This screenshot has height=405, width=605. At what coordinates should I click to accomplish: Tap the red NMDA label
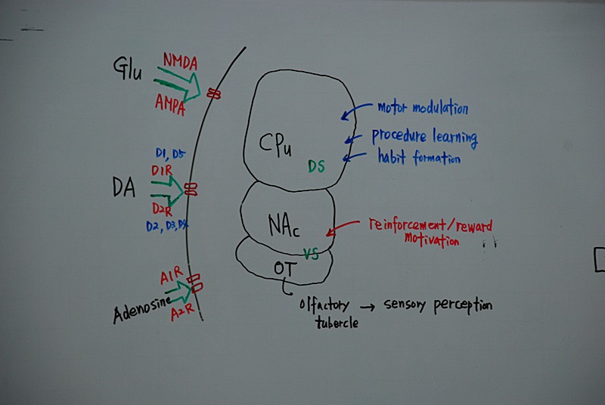179,60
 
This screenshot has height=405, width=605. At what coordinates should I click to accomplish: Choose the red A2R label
183,312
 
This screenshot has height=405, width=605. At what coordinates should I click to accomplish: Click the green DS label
316,166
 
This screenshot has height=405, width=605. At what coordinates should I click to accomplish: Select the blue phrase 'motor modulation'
423,108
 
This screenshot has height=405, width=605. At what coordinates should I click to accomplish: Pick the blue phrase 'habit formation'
419,159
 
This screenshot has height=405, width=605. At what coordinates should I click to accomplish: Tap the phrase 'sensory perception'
438,305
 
